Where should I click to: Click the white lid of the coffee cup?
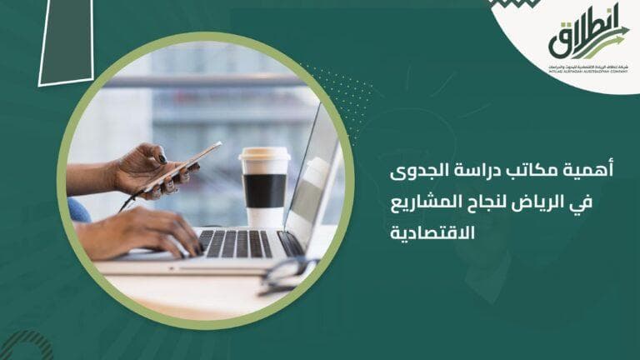(x=264, y=158)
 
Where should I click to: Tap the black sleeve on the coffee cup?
(x=264, y=190)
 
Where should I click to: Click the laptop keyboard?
(x=242, y=243)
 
